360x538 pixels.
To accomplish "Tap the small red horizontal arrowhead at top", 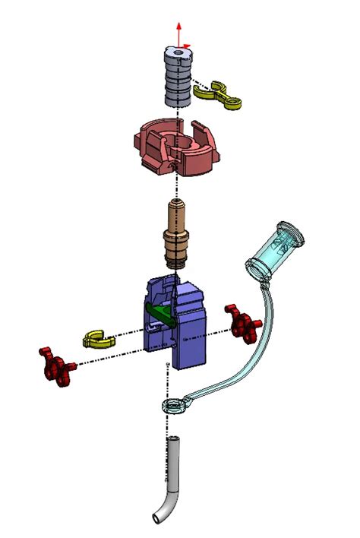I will tap(188, 45).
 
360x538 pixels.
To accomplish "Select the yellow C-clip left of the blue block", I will tap(97, 337).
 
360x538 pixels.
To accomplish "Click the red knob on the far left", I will tap(58, 366).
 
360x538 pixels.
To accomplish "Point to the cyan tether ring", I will tap(175, 407).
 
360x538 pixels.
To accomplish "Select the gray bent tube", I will tap(172, 479).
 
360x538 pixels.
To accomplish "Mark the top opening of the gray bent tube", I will tap(173, 440).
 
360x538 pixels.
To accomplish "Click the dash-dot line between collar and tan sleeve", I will tap(178, 186).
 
